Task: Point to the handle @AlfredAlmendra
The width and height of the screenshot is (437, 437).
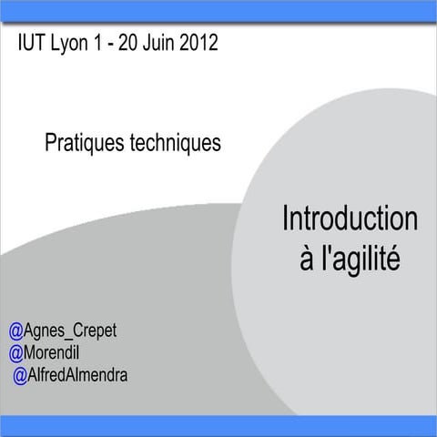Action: [70, 373]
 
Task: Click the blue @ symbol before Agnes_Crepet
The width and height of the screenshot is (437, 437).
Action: [15, 330]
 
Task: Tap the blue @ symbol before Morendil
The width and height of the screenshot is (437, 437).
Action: [15, 351]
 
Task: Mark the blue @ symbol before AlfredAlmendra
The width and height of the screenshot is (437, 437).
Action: [19, 373]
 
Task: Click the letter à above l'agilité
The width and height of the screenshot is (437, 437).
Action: [306, 259]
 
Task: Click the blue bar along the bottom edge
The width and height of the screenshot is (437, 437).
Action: [218, 425]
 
